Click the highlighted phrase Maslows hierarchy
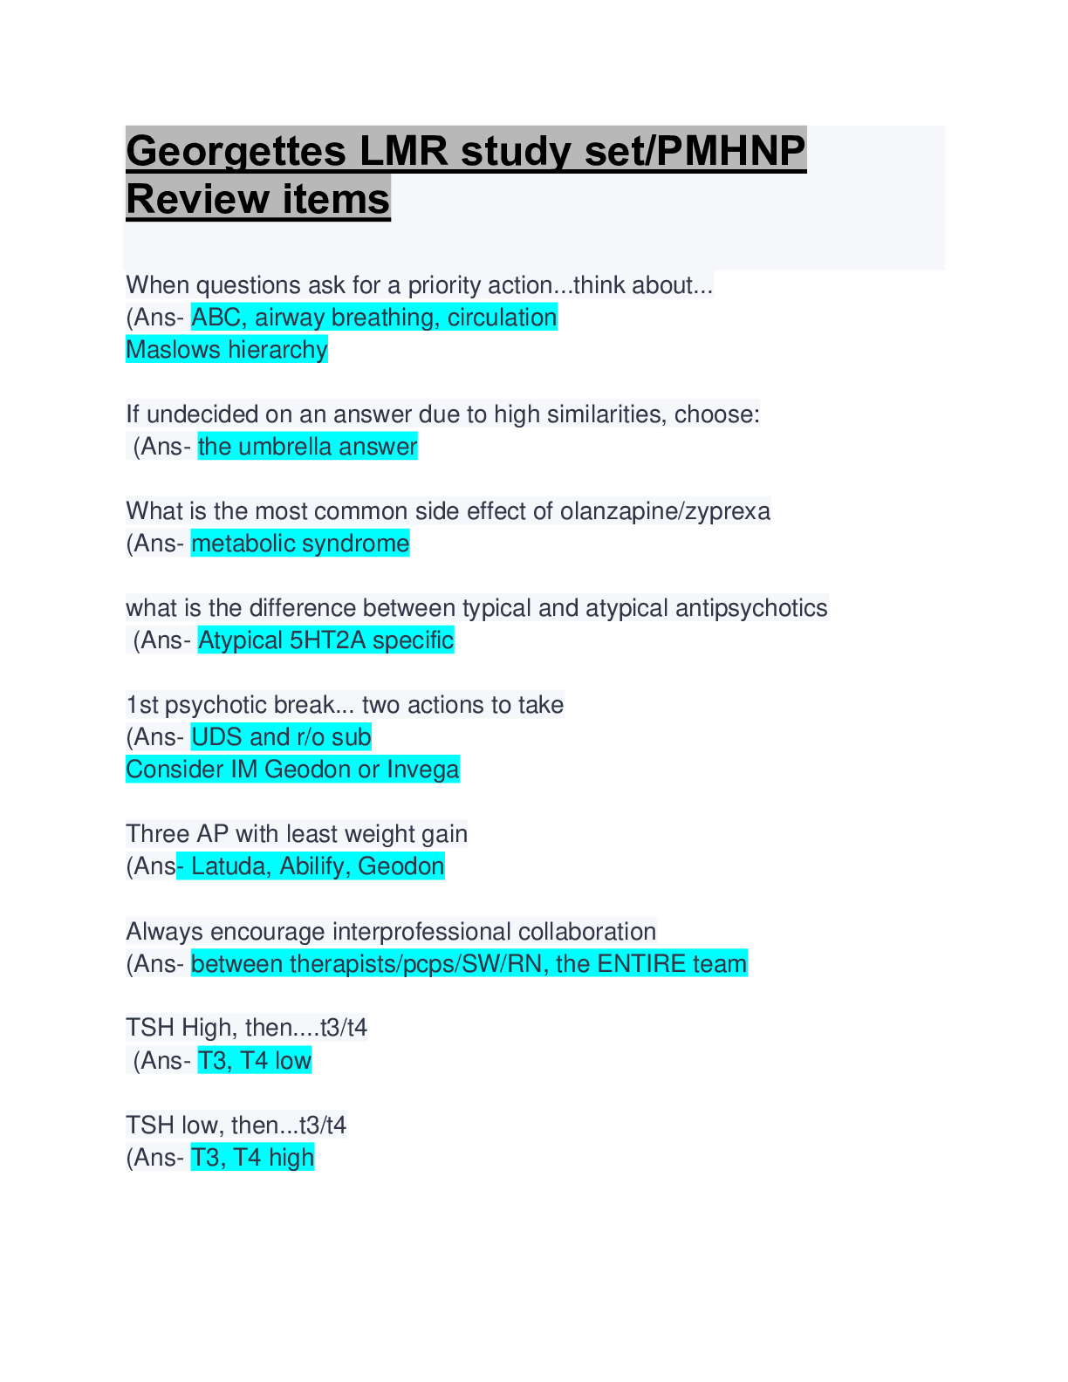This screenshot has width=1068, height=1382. pos(227,350)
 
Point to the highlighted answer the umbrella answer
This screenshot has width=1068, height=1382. pos(307,447)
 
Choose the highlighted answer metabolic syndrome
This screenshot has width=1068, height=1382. pos(300,544)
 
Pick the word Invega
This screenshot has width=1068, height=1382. pos(423,770)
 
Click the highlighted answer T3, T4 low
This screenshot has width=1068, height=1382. pos(255,1061)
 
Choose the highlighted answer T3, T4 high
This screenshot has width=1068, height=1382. pos(253,1158)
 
